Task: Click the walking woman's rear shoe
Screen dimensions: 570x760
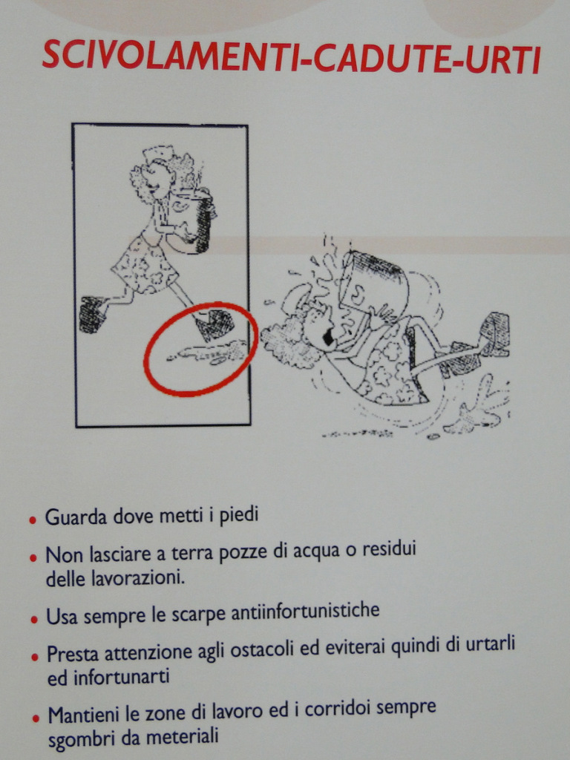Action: [93, 314]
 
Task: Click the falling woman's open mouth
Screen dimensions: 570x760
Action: [329, 338]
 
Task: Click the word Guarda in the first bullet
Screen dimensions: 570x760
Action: [76, 517]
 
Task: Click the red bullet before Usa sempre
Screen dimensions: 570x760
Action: [34, 619]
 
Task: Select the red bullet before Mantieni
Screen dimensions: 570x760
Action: [36, 718]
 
